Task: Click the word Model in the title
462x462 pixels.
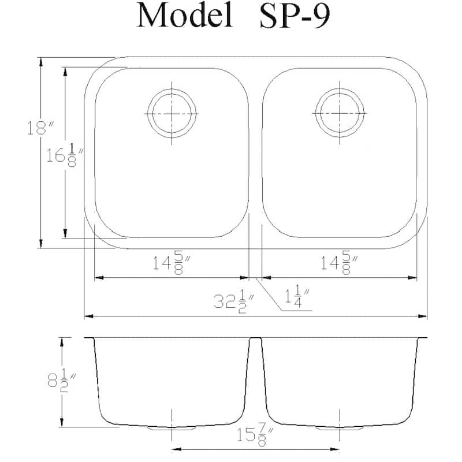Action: click(x=184, y=16)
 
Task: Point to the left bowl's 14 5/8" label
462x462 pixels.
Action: click(x=172, y=264)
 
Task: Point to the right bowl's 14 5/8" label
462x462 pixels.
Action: click(x=339, y=264)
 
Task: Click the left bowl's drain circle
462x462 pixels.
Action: click(x=172, y=113)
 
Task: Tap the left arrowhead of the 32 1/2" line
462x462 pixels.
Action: click(x=88, y=316)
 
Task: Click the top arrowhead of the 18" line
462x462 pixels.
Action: click(x=40, y=61)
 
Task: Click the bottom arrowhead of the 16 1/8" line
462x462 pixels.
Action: click(x=65, y=233)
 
